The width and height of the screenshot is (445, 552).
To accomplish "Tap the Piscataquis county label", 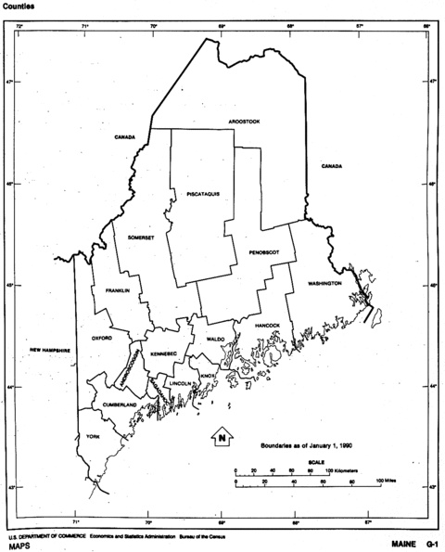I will [202, 193].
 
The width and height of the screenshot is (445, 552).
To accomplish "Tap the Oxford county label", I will [102, 339].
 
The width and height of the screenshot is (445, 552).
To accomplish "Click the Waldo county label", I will [216, 340].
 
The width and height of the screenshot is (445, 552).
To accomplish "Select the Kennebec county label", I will [164, 354].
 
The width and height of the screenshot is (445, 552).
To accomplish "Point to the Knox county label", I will [207, 376].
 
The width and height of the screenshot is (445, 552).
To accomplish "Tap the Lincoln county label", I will [181, 383].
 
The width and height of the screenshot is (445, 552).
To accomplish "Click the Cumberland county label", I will [120, 405].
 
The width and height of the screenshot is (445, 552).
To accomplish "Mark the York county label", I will [92, 436].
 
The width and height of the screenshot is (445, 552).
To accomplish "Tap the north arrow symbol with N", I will [222, 435].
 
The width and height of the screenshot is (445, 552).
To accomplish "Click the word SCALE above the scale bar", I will [316, 461].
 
